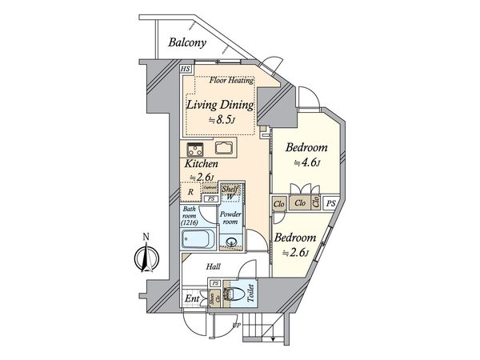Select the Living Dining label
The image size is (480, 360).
click(220, 105)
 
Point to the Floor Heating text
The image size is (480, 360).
click(231, 81)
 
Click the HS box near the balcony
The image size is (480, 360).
click(186, 70)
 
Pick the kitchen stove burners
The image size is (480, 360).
click(195, 149)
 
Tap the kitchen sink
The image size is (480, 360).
click(223, 150)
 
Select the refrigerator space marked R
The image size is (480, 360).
click(190, 192)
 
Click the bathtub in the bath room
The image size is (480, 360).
click(196, 239)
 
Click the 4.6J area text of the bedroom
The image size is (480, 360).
click(306, 163)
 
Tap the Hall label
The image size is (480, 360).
click(214, 267)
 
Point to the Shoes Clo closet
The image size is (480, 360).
click(213, 299)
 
